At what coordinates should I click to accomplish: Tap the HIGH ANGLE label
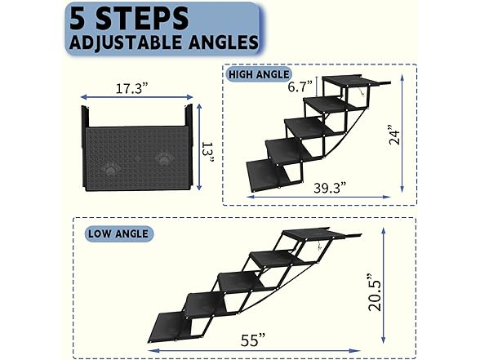[x=259, y=74]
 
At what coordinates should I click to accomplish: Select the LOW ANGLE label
[x=118, y=233]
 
